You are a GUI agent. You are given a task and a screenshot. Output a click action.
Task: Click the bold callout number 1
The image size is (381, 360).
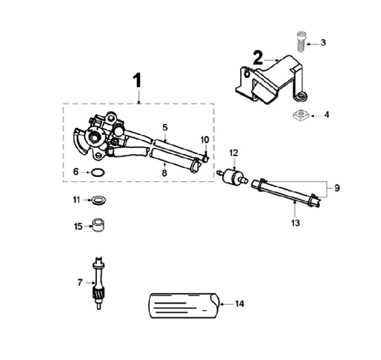tap(137, 81)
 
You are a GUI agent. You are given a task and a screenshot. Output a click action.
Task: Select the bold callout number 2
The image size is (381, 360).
tap(258, 58)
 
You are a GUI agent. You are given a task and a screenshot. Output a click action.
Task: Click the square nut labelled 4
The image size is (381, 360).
tap(300, 115)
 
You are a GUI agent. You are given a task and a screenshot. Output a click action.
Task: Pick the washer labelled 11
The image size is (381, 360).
tap(98, 200)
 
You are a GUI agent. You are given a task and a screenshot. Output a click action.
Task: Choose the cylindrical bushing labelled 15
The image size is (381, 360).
tap(98, 226)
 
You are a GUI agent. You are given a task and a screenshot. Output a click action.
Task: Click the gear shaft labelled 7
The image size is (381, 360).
tap(98, 283)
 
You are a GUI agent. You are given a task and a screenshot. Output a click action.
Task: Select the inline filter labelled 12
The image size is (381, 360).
tap(231, 175)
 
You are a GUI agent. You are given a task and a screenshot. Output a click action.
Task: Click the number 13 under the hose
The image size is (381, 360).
tap(295, 223)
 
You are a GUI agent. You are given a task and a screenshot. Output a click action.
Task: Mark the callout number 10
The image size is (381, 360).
tap(204, 139)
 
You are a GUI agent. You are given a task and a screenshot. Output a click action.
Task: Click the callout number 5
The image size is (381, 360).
tap(165, 128)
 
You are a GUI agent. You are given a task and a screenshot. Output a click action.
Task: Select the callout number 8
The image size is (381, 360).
tap(164, 172)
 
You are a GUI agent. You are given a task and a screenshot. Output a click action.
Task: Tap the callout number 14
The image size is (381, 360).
tap(239, 304)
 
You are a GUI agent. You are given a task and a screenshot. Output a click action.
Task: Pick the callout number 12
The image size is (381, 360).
tap(233, 153)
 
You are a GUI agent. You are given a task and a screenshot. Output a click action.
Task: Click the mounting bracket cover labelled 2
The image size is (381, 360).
tap(270, 79)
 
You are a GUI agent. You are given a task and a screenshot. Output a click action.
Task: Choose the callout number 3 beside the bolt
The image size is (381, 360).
tap(324, 42)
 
